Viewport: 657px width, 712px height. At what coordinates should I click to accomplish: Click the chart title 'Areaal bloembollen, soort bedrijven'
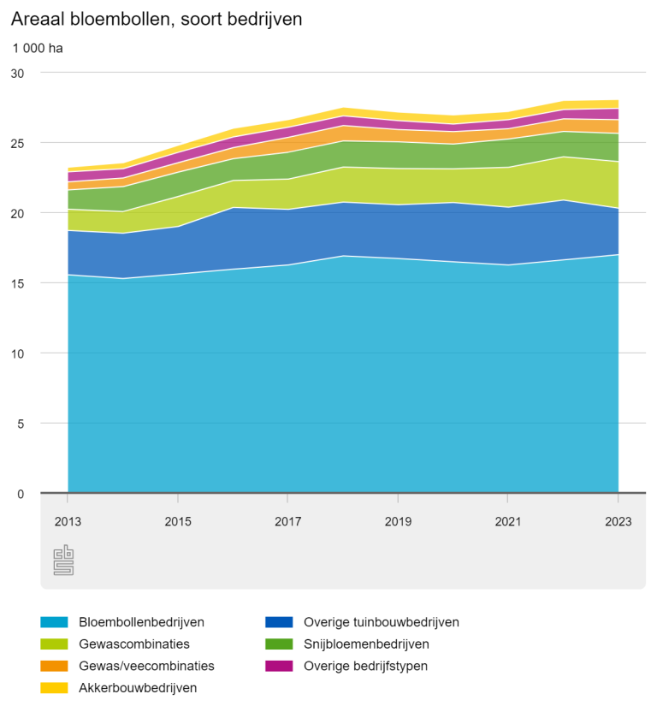(157, 20)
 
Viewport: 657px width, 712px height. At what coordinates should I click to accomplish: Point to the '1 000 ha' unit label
(38, 48)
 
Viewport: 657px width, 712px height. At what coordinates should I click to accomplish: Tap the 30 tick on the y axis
(17, 73)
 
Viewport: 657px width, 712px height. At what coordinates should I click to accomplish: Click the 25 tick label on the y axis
(17, 144)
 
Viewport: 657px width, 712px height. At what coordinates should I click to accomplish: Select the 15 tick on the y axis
(17, 284)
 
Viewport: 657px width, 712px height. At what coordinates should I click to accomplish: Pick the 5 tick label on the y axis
(21, 424)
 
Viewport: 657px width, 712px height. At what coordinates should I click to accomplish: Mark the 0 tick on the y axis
(21, 494)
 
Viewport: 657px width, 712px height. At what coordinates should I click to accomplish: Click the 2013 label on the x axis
(68, 521)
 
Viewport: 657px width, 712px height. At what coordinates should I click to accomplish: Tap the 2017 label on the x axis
(287, 521)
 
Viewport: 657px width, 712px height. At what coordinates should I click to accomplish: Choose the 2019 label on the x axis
(398, 521)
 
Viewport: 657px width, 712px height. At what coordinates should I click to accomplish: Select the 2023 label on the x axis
(618, 521)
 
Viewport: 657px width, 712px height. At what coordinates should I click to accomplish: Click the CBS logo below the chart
(63, 560)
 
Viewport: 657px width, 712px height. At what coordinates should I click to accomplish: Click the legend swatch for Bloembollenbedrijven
(54, 622)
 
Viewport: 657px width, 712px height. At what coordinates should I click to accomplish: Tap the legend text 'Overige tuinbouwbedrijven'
(382, 622)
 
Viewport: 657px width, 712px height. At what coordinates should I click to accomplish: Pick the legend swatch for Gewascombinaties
(54, 644)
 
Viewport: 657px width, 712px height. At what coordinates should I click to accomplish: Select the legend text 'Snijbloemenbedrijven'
(366, 644)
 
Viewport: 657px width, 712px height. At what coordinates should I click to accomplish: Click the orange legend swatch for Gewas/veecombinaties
(54, 666)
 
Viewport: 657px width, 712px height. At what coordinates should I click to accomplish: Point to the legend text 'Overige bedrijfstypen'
(365, 666)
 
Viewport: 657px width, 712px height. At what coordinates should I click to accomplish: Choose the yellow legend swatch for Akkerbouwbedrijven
(54, 688)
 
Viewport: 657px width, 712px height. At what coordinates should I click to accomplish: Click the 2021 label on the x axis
(508, 521)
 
